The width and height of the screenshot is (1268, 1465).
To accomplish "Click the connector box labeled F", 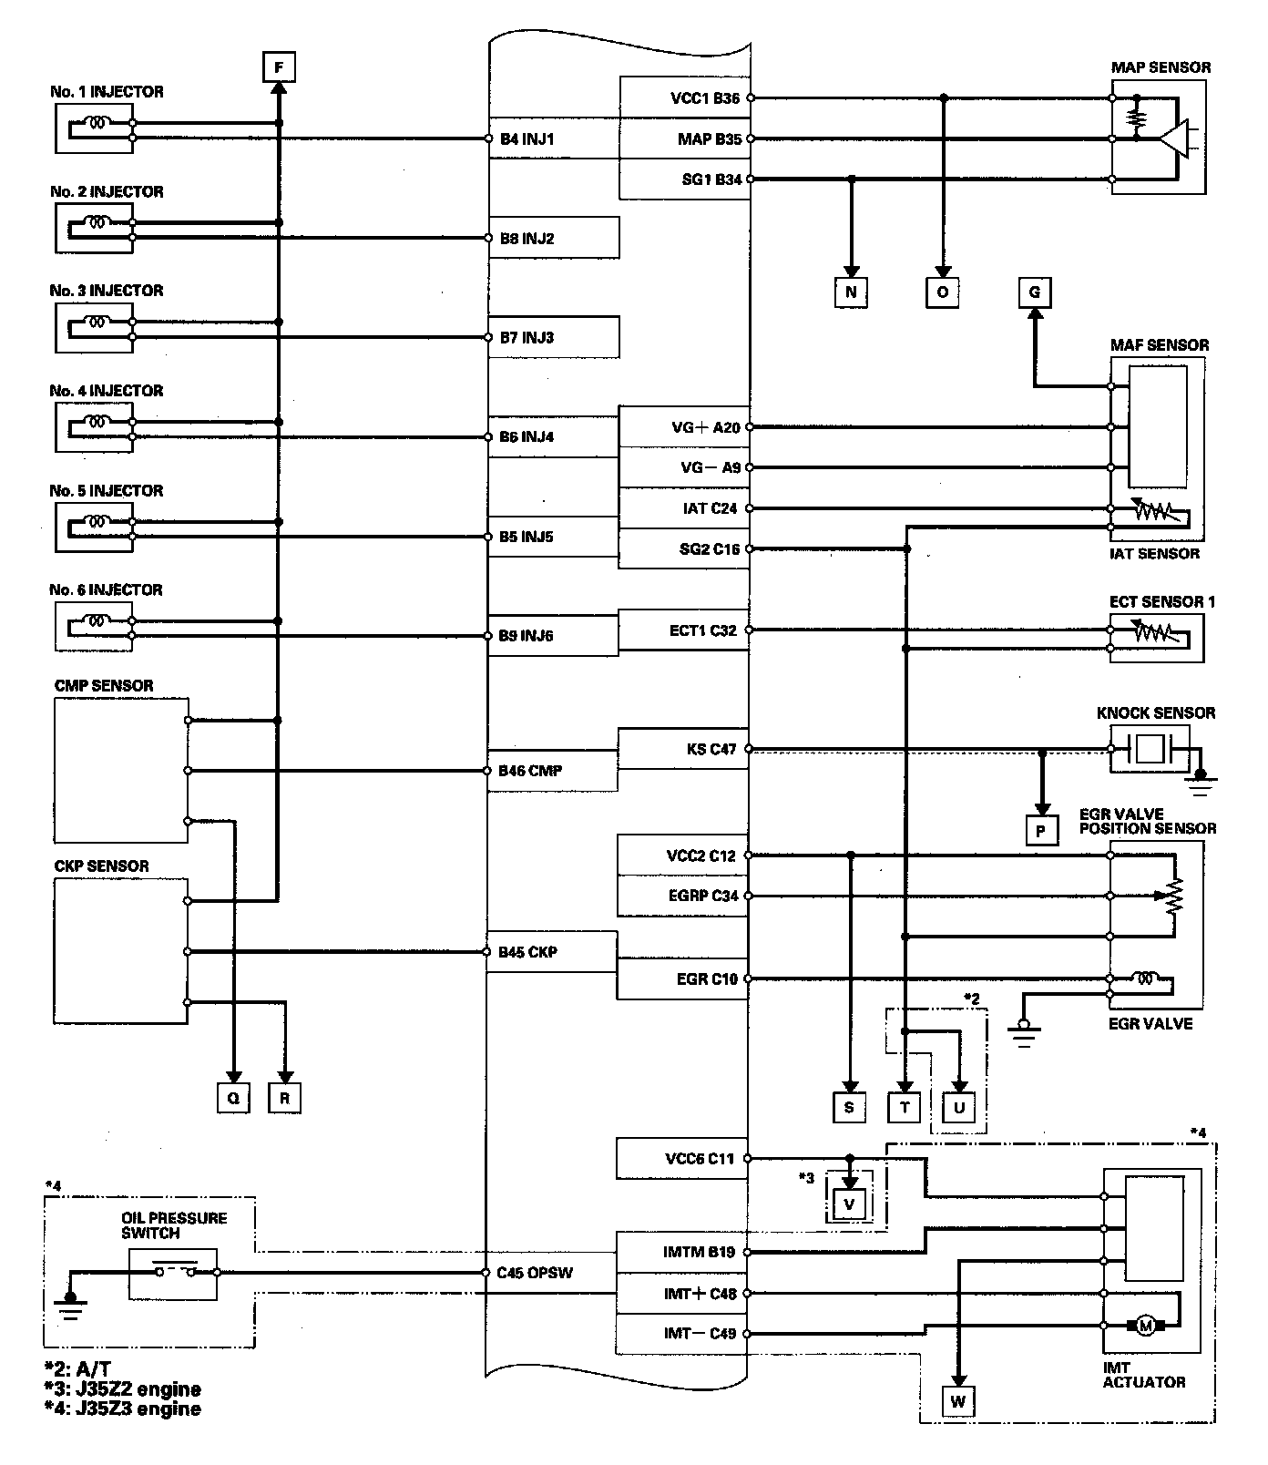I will point(279,67).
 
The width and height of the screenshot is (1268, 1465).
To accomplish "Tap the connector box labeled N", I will point(851,292).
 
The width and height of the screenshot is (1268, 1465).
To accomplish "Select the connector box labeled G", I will point(1034,292).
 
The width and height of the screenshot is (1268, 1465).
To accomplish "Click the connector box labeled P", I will point(1041,831).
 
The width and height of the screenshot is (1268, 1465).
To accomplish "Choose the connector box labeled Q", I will point(233,1098).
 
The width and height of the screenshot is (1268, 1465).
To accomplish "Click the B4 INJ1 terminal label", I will point(527,139).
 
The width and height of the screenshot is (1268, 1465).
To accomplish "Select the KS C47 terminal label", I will point(711,750).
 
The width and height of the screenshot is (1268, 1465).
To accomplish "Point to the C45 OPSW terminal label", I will point(535,1273).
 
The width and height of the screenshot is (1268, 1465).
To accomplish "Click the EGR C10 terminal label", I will point(707,979).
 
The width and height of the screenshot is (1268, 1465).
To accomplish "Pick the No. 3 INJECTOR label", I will point(107,291).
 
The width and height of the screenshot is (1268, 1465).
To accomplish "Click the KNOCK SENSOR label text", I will point(1155,712).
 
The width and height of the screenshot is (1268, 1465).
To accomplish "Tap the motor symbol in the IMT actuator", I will point(1145,1326).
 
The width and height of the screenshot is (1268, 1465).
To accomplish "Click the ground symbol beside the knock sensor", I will point(1202,780).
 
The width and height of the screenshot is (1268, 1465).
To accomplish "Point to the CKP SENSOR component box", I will point(121,950).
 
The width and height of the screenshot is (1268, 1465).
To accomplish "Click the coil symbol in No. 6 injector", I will point(97,620).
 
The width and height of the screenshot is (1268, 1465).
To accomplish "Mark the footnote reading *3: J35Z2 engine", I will point(122,1389).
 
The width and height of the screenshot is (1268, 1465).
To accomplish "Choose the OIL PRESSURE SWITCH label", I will point(174,1225).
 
